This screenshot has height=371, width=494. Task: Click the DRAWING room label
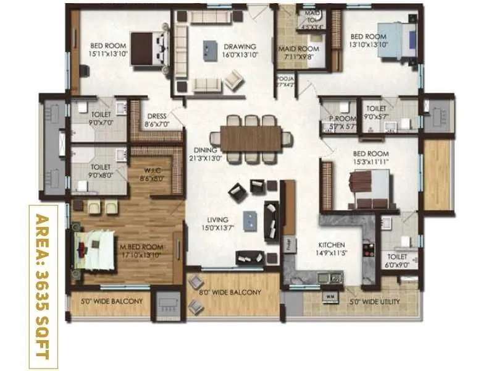[x=240, y=46]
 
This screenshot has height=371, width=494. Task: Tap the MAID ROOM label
[x=298, y=49]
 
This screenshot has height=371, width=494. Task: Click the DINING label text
[x=204, y=150]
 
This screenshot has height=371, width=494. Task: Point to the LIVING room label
[x=218, y=220]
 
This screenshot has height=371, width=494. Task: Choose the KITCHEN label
[x=331, y=245]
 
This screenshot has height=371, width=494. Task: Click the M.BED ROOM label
[x=141, y=247]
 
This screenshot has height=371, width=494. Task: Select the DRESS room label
[x=156, y=116]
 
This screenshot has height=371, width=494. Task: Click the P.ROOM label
[x=339, y=119]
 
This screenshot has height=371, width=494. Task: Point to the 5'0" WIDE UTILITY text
[x=375, y=302]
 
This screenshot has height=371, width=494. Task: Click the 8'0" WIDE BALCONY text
[x=230, y=292]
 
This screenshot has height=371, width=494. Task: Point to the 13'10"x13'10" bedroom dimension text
[x=368, y=44]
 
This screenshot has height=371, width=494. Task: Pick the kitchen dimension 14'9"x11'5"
[x=331, y=253]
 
